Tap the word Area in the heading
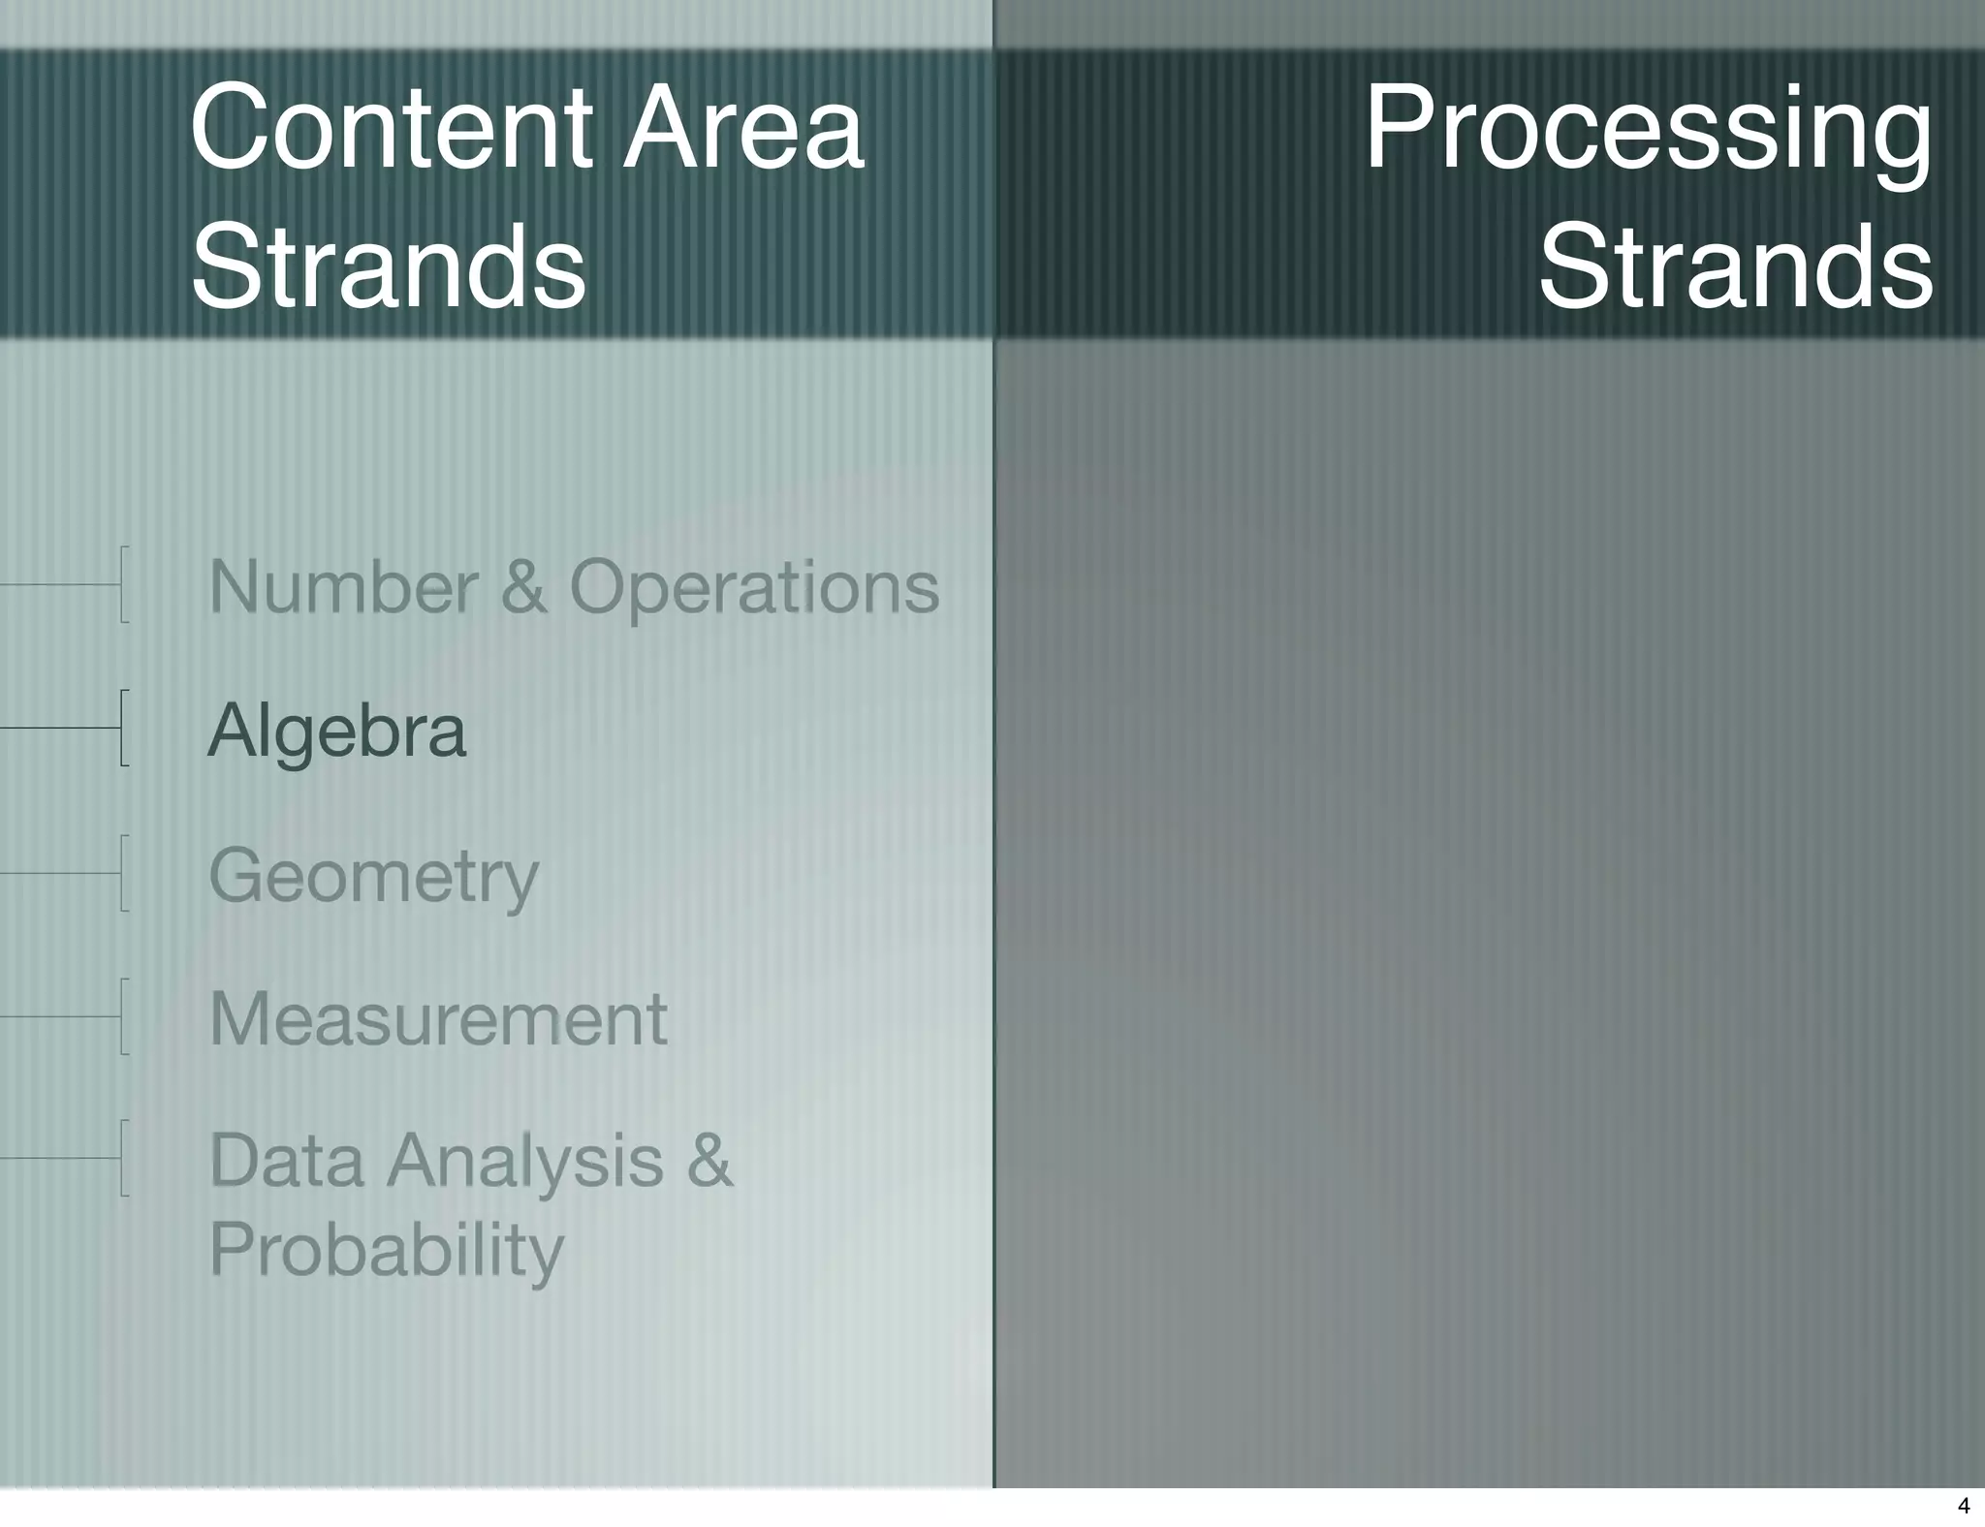click(x=742, y=128)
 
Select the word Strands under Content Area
click(x=389, y=265)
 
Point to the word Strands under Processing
click(x=1735, y=265)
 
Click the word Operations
click(x=754, y=589)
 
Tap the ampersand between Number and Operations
click(x=523, y=587)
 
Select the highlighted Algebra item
click(x=337, y=731)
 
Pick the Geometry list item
click(x=373, y=876)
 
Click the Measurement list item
click(x=438, y=1019)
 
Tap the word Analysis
click(x=525, y=1162)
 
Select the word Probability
click(x=386, y=1251)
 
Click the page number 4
click(x=1964, y=1506)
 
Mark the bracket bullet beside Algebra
click(x=123, y=728)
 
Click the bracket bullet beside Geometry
click(x=123, y=873)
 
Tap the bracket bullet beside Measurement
click(x=123, y=1016)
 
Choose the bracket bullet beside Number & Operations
click(x=123, y=584)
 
